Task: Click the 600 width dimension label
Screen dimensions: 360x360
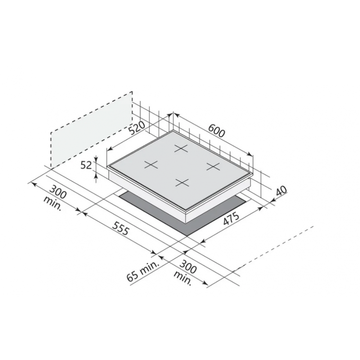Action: [216, 130]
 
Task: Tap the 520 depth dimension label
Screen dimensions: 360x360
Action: [137, 128]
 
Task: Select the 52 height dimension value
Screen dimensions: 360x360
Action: [86, 165]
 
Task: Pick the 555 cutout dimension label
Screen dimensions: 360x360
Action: [121, 228]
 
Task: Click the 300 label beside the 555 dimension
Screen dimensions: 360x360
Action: [58, 192]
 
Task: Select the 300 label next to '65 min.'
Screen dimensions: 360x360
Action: [188, 266]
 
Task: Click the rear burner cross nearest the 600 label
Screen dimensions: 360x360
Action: [181, 149]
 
